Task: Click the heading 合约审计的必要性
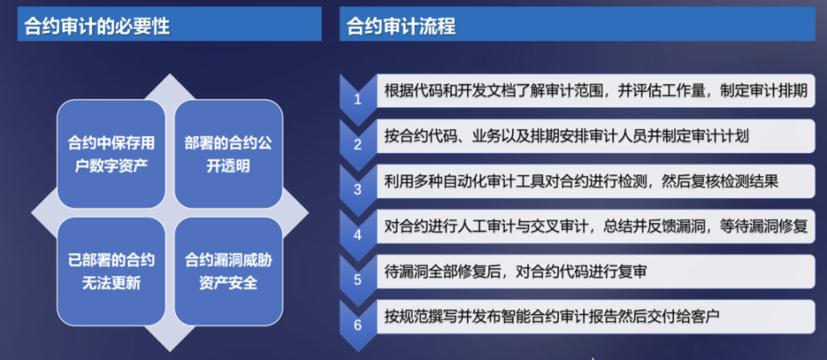[x=97, y=26]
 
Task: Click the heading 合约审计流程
[x=401, y=26]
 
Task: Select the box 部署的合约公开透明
[x=228, y=154]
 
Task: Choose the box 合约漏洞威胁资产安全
[x=228, y=271]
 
